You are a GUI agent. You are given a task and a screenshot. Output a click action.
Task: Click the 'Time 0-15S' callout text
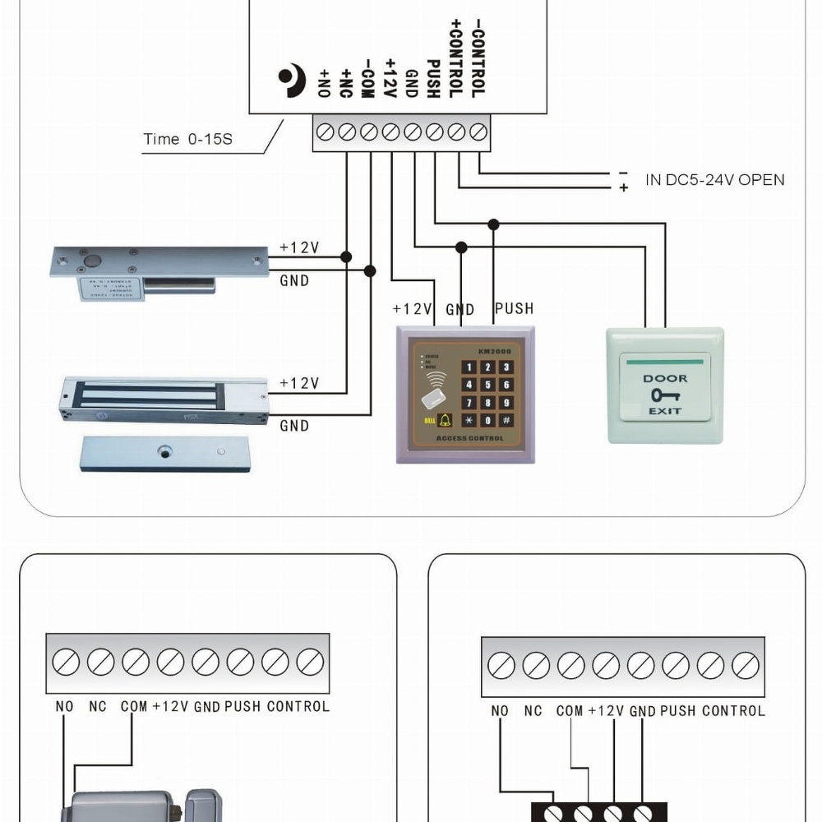(x=187, y=139)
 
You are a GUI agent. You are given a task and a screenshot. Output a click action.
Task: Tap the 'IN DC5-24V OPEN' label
(x=714, y=180)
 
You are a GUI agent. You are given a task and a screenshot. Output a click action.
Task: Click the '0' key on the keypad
(x=487, y=420)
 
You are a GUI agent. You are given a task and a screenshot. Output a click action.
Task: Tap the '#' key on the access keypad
(x=506, y=420)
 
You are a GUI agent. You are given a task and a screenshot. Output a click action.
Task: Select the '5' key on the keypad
(x=487, y=385)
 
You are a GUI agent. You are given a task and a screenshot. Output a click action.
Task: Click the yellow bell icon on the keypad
(x=446, y=420)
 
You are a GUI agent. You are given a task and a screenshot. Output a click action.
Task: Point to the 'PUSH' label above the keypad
(x=514, y=309)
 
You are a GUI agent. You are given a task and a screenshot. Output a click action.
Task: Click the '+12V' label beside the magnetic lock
(x=299, y=384)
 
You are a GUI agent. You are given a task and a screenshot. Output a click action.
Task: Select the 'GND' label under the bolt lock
(x=294, y=281)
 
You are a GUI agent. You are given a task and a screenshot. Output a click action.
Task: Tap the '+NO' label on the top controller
(x=324, y=83)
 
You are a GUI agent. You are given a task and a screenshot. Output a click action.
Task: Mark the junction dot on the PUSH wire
(x=493, y=224)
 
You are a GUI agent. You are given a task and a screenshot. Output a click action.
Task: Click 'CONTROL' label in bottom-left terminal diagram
(x=298, y=706)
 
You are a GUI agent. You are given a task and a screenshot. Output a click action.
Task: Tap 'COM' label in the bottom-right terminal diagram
(x=569, y=711)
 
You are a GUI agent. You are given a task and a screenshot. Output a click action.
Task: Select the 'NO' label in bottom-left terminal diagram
(x=64, y=706)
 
